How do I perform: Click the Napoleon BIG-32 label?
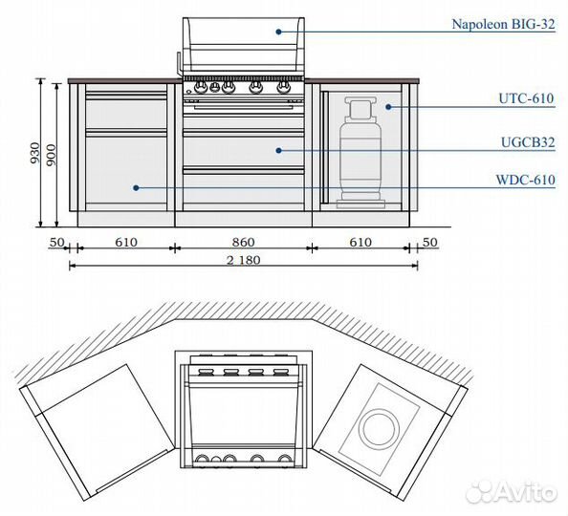point(503,24)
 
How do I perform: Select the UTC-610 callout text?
point(526,98)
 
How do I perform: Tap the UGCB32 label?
point(528,142)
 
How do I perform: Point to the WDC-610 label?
point(525,180)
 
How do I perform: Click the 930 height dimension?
point(34,153)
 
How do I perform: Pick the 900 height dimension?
point(52,155)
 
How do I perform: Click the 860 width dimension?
point(244,242)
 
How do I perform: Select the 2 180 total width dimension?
point(244,260)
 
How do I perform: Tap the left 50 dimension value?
point(56,242)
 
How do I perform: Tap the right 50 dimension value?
point(430,242)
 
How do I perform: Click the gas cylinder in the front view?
point(360,153)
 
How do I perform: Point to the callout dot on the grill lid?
point(278,32)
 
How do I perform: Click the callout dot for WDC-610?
point(136,188)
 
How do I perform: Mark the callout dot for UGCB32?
point(278,150)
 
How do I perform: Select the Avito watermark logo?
point(512,492)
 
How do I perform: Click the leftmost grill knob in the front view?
point(200,87)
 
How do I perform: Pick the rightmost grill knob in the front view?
point(284,87)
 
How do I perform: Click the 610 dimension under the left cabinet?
point(126,242)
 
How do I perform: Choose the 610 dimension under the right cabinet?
point(360,242)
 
